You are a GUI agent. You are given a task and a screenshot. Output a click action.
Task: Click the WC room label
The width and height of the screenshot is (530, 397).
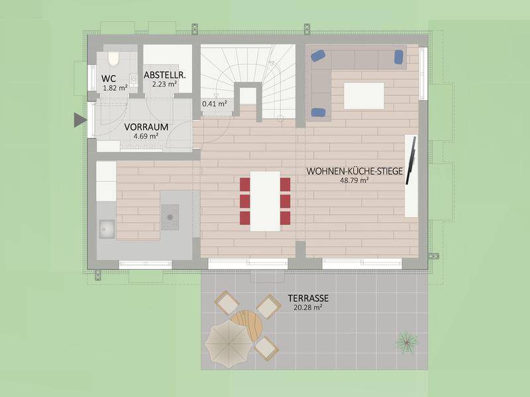coord(109,79)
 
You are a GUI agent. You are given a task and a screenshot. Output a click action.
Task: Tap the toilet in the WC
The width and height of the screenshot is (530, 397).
coord(113,60)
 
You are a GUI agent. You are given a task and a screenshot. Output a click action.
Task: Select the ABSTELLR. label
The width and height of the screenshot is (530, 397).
coord(165,75)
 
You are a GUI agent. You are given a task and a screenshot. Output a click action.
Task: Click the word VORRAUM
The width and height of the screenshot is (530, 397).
coord(146,126)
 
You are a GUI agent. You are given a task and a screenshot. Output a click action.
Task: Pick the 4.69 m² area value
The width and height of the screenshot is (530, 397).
coord(146,136)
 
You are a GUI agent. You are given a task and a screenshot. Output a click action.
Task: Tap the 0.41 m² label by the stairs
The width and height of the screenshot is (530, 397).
coord(214,103)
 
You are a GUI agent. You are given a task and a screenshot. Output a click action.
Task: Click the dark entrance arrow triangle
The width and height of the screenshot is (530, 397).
coord(79,120)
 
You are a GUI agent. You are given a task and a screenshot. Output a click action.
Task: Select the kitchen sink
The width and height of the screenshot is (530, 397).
coord(106,229)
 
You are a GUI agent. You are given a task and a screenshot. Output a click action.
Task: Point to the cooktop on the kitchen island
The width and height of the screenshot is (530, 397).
coord(170,213)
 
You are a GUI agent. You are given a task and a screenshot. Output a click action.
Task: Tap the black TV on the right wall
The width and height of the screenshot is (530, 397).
coord(411,161)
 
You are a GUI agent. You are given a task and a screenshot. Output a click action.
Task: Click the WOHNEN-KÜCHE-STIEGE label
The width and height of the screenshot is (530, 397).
coord(354,171)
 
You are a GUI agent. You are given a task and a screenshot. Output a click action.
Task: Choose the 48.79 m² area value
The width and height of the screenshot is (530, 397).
coord(354,180)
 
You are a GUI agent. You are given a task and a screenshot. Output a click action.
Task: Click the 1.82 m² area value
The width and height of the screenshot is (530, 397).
coord(115,87)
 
